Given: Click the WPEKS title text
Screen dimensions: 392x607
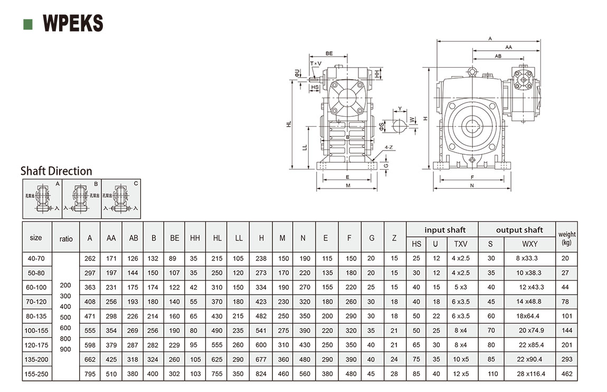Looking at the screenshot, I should click(x=73, y=24).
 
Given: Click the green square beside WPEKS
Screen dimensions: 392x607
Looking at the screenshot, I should click(x=28, y=24).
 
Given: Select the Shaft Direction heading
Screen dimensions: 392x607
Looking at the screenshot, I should click(x=56, y=171).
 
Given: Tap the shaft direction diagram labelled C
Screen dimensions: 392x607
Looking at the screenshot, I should click(x=121, y=199).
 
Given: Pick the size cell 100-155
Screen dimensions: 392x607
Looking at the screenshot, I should click(x=36, y=330).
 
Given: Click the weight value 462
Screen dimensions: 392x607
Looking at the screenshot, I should click(x=566, y=374).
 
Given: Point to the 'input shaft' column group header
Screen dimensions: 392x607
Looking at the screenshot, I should click(x=445, y=230).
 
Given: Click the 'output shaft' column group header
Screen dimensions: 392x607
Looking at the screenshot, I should click(x=519, y=230).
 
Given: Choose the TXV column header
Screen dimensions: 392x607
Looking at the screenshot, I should click(x=460, y=244).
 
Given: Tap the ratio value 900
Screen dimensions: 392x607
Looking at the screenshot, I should click(x=66, y=349).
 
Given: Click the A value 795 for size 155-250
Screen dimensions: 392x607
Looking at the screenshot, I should click(x=90, y=374).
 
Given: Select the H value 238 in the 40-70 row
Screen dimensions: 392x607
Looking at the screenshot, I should click(x=261, y=259).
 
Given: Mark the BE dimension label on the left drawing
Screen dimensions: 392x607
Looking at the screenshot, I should click(x=329, y=53).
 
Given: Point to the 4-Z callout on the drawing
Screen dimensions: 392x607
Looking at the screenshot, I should click(x=388, y=147).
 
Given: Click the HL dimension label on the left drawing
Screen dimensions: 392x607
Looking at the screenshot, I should click(x=289, y=124).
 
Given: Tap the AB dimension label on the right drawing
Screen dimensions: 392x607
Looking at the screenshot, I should click(x=498, y=55).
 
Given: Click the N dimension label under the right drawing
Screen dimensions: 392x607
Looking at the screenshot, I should click(x=471, y=185).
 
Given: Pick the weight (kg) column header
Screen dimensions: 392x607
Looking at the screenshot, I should click(x=567, y=238).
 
